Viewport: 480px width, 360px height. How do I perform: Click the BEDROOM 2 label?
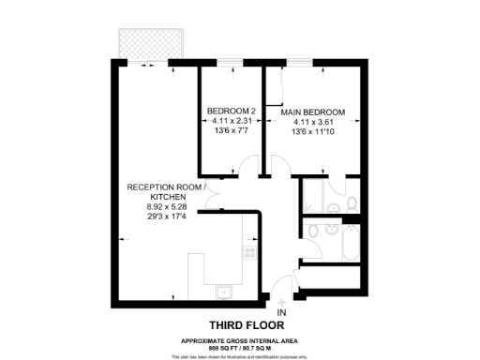[231, 112]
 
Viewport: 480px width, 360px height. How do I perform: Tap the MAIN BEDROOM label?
[312, 112]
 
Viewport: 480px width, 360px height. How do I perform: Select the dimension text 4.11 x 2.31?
[231, 122]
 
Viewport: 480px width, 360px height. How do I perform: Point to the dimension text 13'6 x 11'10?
[313, 132]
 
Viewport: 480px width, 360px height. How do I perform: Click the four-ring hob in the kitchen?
[250, 251]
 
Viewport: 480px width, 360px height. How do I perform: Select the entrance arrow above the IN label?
[282, 301]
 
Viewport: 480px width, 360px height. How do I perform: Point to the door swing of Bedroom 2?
[246, 168]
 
